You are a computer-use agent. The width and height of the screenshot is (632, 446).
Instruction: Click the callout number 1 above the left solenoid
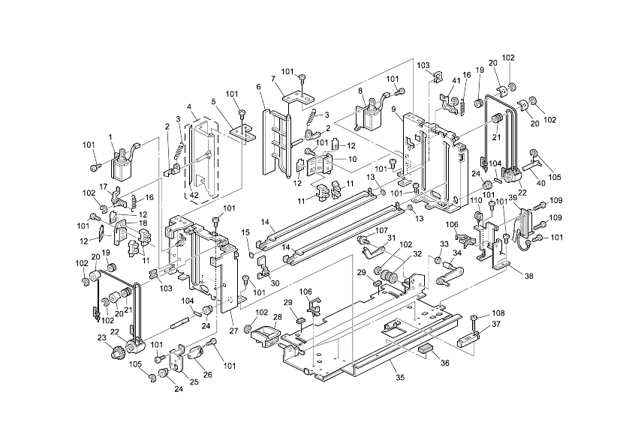click(110, 136)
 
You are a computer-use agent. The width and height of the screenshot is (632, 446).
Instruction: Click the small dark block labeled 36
click(424, 348)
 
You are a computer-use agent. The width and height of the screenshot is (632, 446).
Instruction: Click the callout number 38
click(529, 276)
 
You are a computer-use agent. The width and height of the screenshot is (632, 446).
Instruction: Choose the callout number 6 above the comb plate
click(259, 87)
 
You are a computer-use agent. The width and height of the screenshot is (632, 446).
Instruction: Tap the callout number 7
click(273, 79)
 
